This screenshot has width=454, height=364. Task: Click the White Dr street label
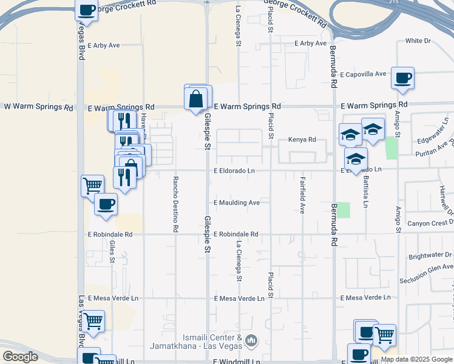click(418, 41)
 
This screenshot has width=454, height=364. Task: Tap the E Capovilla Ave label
click(363, 75)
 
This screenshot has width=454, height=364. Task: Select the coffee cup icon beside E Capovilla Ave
click(402, 78)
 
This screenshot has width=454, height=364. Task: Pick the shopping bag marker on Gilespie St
click(196, 99)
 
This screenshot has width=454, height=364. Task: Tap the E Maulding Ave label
click(237, 203)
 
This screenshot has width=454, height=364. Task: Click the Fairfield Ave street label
click(302, 195)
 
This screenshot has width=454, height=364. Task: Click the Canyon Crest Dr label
click(430, 223)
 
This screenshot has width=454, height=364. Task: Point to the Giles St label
click(112, 251)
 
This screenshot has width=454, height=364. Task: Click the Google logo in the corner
click(20, 357)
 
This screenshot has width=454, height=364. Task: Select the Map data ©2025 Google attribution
click(416, 359)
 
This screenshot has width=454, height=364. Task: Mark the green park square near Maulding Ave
click(344, 210)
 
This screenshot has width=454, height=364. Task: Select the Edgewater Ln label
click(431, 140)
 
